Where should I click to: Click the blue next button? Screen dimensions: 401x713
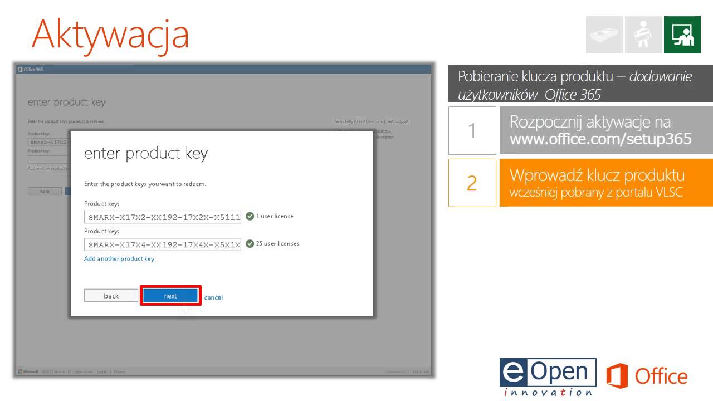[170, 296]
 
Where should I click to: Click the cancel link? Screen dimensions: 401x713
[213, 297]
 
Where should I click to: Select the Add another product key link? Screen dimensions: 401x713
[119, 259]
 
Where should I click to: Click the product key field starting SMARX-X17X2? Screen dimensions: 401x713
[163, 217]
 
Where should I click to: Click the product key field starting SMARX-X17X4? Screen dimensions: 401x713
[163, 244]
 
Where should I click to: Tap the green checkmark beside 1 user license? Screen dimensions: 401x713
[250, 216]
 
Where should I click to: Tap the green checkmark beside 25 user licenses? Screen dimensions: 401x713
[250, 243]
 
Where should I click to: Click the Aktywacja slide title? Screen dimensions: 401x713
[110, 33]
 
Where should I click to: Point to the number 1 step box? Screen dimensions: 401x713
[472, 131]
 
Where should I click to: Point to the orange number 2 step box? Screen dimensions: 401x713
[472, 183]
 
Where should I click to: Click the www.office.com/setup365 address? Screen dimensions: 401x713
[600, 139]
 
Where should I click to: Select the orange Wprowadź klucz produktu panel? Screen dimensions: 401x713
[606, 183]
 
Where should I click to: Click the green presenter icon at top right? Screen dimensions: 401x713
[682, 35]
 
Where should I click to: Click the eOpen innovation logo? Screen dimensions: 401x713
[548, 377]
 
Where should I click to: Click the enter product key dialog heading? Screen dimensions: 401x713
[146, 154]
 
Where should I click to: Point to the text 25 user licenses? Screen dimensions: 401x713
[277, 243]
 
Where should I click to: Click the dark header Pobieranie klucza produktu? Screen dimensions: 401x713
[580, 85]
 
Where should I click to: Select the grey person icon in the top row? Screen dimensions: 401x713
[643, 35]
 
